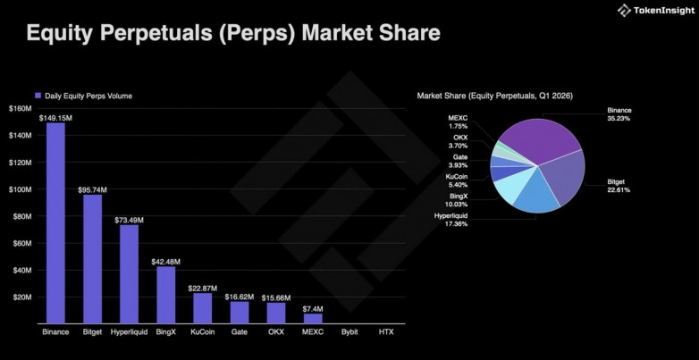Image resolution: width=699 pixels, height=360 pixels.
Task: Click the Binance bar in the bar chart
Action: tap(55, 223)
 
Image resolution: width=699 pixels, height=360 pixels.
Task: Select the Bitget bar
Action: tap(92, 259)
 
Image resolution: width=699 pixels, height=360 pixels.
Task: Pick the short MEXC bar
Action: tap(313, 318)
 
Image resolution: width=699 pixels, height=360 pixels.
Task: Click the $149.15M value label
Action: tap(55, 116)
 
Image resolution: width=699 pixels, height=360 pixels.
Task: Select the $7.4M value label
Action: tap(313, 308)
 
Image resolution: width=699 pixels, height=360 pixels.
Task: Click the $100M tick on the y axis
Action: tap(20, 189)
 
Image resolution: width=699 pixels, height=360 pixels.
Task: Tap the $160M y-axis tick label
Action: tap(20, 108)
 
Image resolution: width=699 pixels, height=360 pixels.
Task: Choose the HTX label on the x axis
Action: tap(385, 332)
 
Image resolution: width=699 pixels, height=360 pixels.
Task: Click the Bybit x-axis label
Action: tap(349, 332)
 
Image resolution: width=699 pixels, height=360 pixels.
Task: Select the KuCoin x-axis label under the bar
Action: tap(202, 332)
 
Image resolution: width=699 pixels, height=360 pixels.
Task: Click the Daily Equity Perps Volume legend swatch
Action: tap(38, 95)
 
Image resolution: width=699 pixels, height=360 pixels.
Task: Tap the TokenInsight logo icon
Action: tap(623, 11)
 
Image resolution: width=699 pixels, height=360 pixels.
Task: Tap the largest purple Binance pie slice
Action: tap(536, 138)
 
